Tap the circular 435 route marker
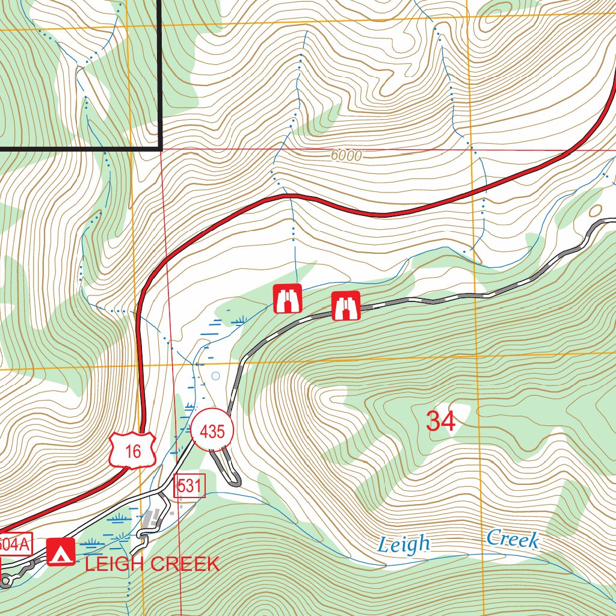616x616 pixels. click(212, 431)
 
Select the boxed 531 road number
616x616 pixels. click(189, 486)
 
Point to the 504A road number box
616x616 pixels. click(13, 544)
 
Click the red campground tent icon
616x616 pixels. click(61, 552)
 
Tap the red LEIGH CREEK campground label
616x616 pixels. click(152, 564)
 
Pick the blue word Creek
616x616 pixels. click(513, 539)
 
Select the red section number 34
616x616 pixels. click(441, 421)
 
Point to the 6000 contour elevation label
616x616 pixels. click(346, 156)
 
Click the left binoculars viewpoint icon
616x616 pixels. click(288, 299)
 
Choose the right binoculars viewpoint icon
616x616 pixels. click(346, 306)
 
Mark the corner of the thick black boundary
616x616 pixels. click(161, 147)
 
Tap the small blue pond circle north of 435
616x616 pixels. click(216, 376)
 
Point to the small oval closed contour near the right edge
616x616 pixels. click(596, 211)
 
